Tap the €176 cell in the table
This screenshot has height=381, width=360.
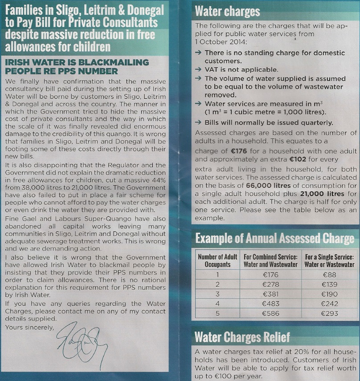pyautogui.click(x=270, y=275)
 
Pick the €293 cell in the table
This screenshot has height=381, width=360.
pyautogui.click(x=329, y=313)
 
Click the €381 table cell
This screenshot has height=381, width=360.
pyautogui.click(x=270, y=294)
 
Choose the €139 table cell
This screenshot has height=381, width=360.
pyautogui.click(x=329, y=284)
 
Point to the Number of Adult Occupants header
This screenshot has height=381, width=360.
pyautogui.click(x=217, y=260)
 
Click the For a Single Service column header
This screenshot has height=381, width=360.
pyautogui.click(x=329, y=260)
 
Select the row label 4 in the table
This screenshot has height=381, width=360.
pyautogui.click(x=217, y=304)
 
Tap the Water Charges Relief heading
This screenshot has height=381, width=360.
pyautogui.click(x=242, y=336)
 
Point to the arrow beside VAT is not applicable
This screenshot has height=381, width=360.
pyautogui.click(x=198, y=70)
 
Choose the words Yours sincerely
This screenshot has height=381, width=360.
pyautogui.click(x=29, y=328)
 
